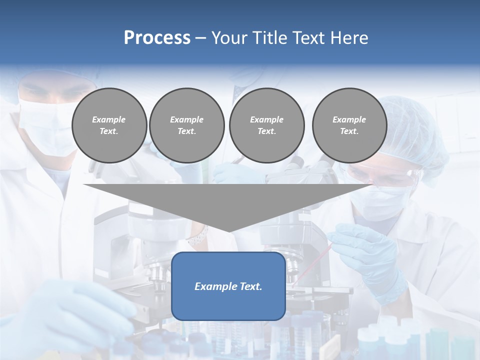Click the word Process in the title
[x=157, y=38]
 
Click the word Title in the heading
[x=268, y=38]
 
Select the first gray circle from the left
[x=109, y=125]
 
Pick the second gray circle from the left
[x=186, y=125]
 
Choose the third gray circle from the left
[x=266, y=125]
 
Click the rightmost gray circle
[x=349, y=125]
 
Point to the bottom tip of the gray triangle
[x=228, y=230]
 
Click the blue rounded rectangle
[x=228, y=305]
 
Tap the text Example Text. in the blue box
[x=228, y=286]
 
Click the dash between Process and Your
[x=200, y=38]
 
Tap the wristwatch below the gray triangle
[x=199, y=235]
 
